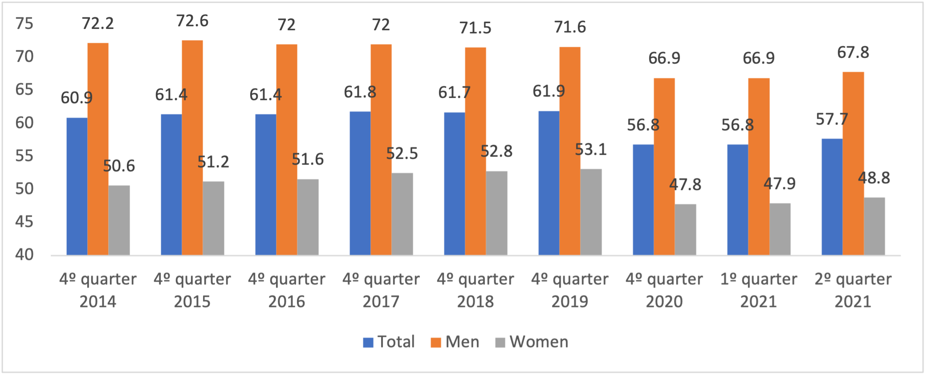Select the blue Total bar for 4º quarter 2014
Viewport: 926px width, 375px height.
[77, 186]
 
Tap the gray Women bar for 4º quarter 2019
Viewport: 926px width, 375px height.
[591, 212]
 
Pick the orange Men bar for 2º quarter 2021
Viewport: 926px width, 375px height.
[853, 164]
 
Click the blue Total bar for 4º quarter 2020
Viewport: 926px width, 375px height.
[643, 200]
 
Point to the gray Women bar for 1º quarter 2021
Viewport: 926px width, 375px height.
[780, 229]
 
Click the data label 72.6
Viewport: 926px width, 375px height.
[192, 21]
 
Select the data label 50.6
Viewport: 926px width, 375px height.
[119, 166]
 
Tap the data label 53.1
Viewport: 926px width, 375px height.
[591, 149]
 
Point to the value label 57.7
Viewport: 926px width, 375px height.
[832, 119]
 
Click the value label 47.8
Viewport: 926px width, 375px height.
[685, 184]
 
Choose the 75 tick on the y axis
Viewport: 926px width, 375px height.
[24, 24]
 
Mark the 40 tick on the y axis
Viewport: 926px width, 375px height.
[24, 254]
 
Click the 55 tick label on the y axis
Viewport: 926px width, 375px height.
[24, 156]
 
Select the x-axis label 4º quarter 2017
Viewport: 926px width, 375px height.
[381, 290]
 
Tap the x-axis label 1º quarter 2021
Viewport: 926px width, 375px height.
[759, 290]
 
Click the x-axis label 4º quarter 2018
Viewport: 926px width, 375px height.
[475, 290]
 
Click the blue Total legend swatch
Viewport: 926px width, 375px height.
[368, 343]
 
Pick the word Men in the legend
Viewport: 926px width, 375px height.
[462, 342]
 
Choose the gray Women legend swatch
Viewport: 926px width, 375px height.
[500, 343]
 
